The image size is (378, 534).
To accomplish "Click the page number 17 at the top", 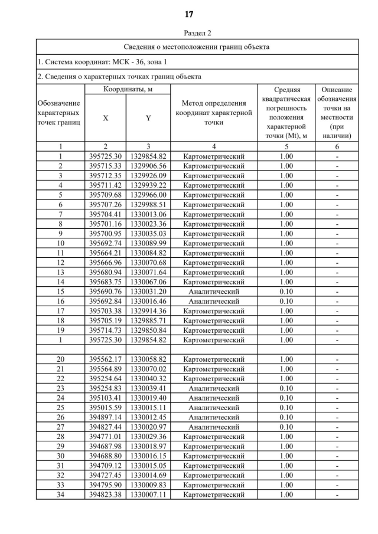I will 189,14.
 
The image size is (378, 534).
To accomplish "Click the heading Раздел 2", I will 189,33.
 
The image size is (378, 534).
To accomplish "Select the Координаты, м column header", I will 128,89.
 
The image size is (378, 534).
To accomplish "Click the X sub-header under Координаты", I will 105,118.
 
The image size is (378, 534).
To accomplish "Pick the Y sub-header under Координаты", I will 148,118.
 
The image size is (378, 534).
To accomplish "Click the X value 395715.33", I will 105,166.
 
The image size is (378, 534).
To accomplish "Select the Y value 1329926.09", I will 148,175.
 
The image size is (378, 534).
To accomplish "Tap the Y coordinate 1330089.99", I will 148,243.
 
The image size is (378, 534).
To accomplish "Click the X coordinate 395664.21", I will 105,253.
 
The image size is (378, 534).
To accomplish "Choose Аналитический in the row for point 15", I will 214,291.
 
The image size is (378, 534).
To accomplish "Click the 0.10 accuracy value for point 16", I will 286,301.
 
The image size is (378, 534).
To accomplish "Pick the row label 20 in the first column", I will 60,359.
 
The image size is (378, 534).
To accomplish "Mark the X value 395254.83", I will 105,388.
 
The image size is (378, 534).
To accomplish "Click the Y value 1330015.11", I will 148,408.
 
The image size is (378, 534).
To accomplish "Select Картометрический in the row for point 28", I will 214,437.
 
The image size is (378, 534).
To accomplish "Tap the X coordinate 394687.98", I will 105,446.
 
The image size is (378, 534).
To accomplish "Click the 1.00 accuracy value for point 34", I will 286,494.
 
